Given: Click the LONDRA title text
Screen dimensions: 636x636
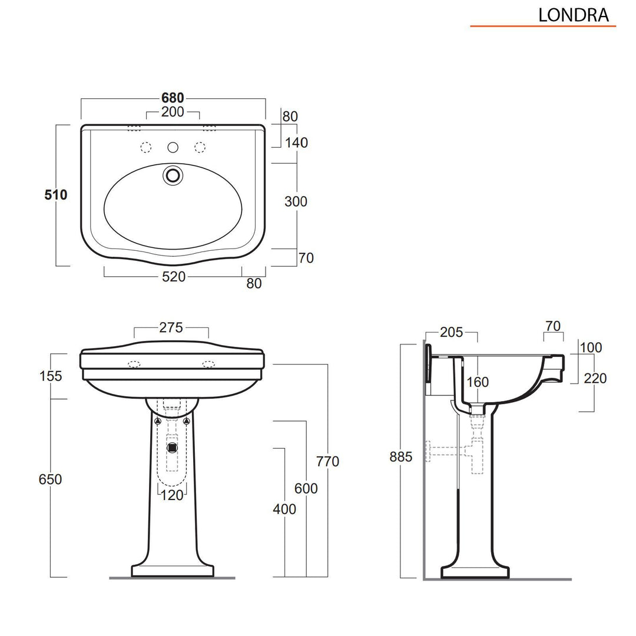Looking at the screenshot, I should click(573, 15).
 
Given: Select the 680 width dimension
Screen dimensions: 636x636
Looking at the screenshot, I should click(173, 98).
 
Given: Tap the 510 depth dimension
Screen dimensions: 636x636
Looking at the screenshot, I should click(56, 195).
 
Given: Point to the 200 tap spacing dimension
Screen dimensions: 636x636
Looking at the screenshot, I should click(173, 112).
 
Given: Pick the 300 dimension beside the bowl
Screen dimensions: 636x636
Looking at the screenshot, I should click(296, 201).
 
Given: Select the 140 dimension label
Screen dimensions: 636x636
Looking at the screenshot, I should click(296, 143).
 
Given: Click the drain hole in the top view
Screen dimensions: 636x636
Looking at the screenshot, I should click(173, 175).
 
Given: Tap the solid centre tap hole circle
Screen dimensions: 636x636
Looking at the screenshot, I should click(173, 147).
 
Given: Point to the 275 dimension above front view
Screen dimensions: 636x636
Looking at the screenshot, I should click(171, 327).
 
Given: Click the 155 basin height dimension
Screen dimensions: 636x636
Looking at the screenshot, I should click(51, 376).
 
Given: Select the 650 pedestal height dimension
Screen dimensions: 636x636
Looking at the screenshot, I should click(51, 479).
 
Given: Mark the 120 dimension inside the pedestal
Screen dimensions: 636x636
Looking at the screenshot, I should click(172, 495).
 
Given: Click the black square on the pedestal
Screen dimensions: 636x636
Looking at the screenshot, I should click(172, 447).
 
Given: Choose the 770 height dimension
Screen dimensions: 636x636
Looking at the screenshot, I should click(327, 462).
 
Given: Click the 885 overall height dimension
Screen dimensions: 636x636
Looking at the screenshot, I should click(401, 456).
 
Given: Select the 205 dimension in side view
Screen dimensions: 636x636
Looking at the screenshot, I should click(451, 333).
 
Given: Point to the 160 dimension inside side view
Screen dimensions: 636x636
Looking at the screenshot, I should click(477, 382).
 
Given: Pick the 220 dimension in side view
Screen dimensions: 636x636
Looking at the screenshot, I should click(595, 378).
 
